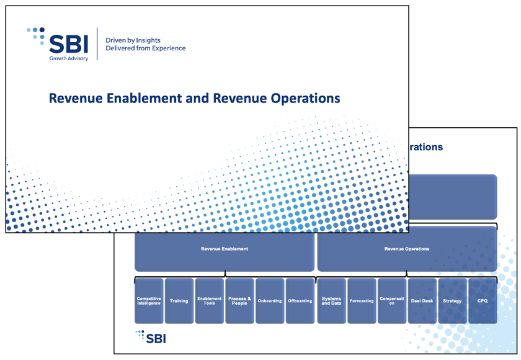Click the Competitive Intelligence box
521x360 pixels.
[x=149, y=300]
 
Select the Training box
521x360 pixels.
[x=179, y=300]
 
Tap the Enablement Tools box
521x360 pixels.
[x=210, y=300]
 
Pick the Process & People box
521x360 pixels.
[x=239, y=300]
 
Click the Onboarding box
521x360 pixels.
[x=270, y=300]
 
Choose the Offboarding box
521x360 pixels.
[x=300, y=300]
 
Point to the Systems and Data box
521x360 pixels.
[x=331, y=300]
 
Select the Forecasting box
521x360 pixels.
[x=362, y=300]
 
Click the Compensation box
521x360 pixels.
[x=392, y=300]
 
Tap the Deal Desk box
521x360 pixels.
[x=422, y=300]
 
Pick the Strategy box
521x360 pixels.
[x=452, y=300]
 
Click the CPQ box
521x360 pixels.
[x=483, y=300]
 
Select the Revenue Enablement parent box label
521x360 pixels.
[x=225, y=249]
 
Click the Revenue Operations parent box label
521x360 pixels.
[x=407, y=249]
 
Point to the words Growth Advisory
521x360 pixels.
[x=69, y=59]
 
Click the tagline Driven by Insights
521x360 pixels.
[x=133, y=40]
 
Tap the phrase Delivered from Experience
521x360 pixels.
[x=146, y=48]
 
